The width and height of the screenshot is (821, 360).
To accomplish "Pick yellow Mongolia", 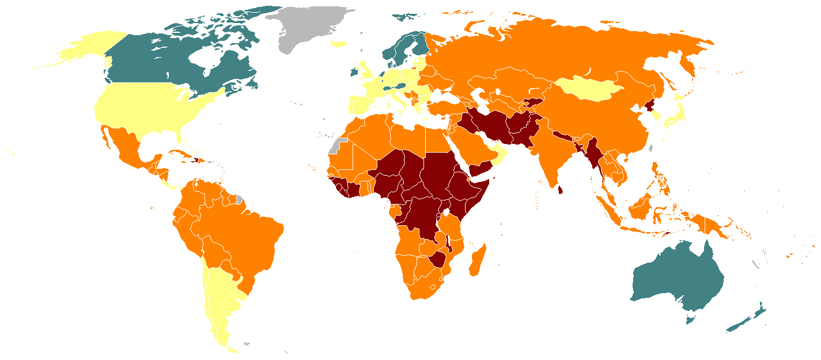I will (588, 89).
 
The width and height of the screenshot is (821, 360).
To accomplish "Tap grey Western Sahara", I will (336, 145).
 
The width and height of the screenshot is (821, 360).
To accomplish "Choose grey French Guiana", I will (239, 200).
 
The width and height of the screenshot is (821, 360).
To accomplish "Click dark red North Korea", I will (650, 107).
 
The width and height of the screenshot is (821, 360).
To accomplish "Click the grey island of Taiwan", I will (652, 148).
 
